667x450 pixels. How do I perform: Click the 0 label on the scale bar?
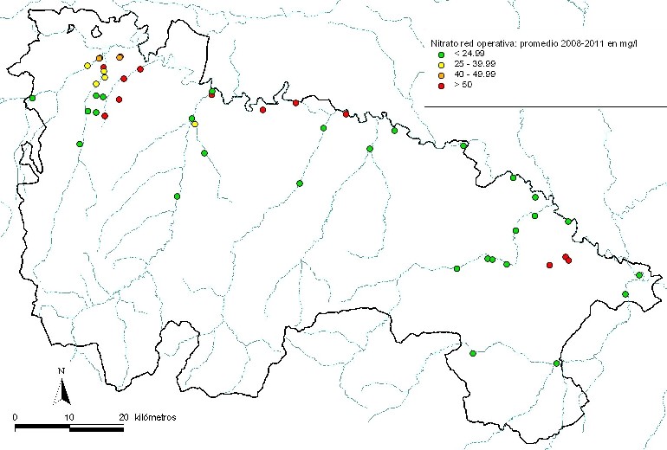tap(16, 417)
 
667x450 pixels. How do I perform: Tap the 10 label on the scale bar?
tap(69, 417)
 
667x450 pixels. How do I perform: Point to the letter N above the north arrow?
tap(62, 372)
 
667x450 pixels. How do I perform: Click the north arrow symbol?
tap(62, 392)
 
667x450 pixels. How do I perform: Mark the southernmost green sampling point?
tap(557, 363)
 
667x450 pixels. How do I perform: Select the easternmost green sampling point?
tap(639, 275)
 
